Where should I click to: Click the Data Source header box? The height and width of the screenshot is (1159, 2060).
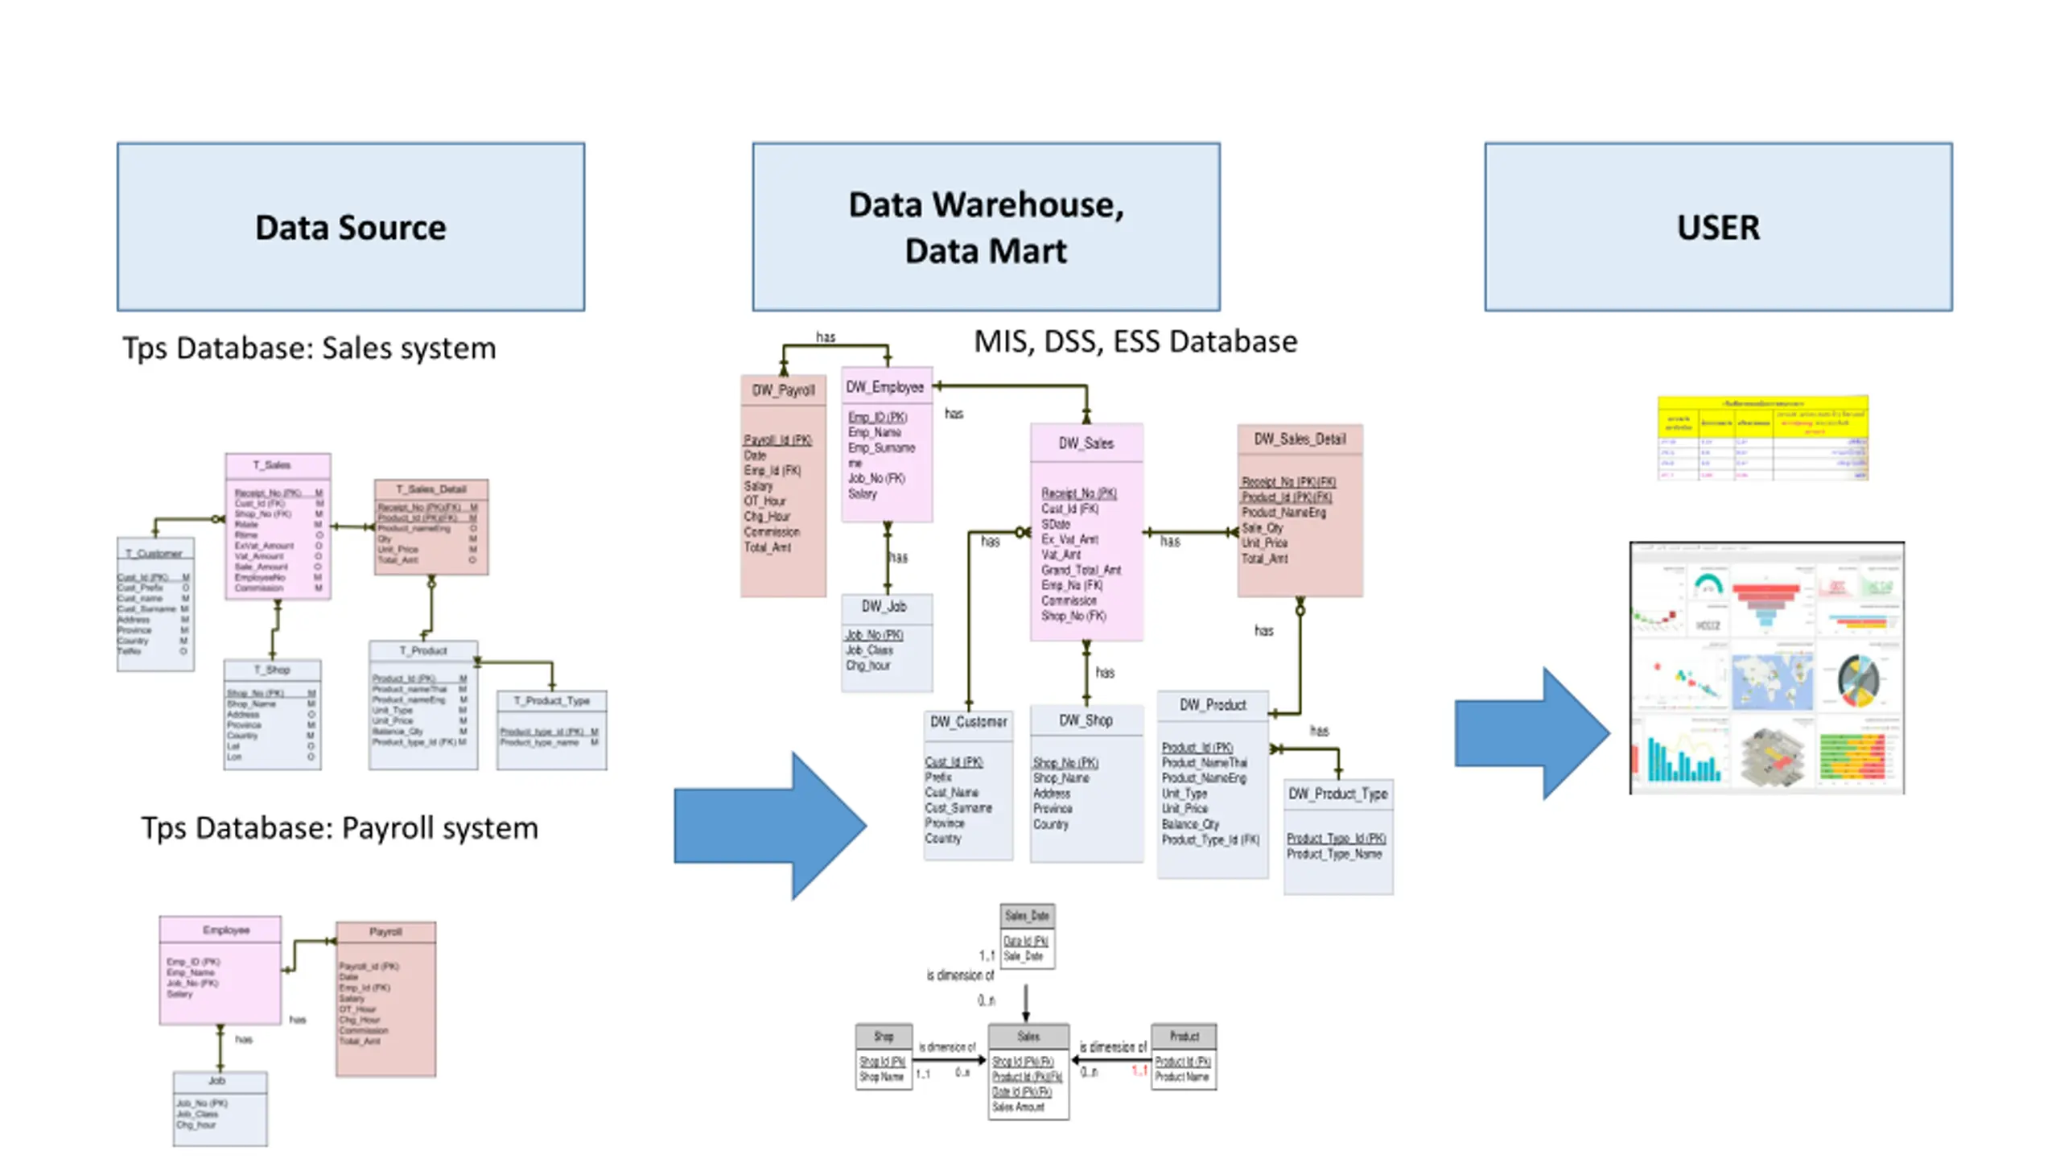(x=350, y=227)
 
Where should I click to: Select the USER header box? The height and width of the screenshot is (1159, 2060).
(x=1717, y=227)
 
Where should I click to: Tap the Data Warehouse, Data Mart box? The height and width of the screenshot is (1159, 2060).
(x=985, y=227)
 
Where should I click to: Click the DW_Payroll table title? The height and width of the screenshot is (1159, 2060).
(x=783, y=390)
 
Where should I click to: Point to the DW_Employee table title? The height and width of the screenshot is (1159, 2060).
(x=885, y=387)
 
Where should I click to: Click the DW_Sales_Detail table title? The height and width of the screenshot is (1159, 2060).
(x=1300, y=439)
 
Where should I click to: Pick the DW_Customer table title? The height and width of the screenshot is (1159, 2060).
(x=968, y=721)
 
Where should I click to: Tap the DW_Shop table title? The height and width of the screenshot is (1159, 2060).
(x=1086, y=720)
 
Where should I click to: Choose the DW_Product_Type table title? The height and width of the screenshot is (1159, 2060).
(x=1337, y=794)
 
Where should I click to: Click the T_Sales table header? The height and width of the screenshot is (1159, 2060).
(x=277, y=465)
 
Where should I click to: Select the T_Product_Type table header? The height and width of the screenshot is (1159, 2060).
(x=551, y=701)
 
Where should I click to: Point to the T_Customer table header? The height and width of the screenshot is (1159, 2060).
(x=154, y=553)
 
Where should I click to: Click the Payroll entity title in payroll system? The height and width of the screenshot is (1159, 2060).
(x=385, y=931)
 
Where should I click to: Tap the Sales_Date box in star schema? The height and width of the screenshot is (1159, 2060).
(x=1027, y=916)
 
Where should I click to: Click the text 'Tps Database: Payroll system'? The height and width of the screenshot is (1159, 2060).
(x=339, y=828)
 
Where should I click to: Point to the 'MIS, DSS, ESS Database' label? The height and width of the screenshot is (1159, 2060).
(x=1135, y=342)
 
